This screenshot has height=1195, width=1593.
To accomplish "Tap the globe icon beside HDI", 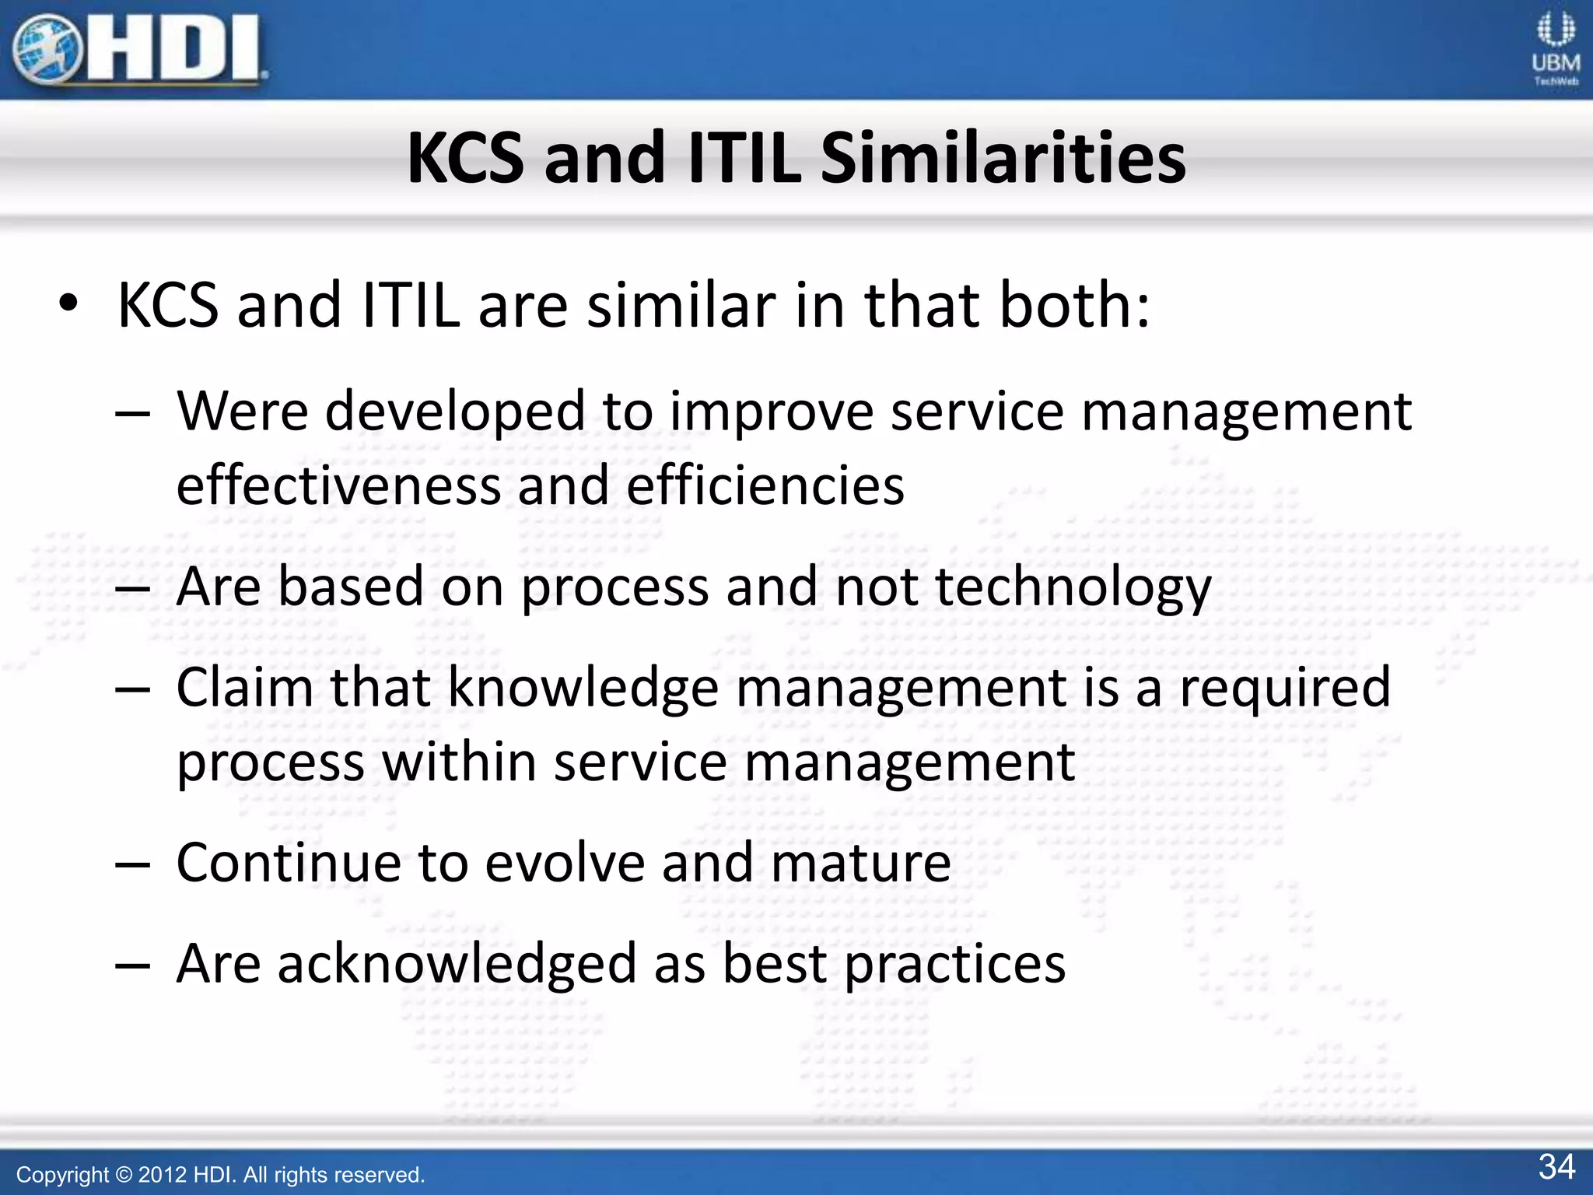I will [47, 50].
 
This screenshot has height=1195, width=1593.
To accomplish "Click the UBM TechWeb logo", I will [1556, 50].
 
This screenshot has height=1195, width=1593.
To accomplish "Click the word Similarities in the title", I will [1003, 159].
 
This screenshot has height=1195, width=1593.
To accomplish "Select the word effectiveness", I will [338, 485].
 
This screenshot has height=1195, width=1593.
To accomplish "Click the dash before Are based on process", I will [132, 590].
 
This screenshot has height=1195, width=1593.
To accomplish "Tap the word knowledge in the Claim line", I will [583, 688].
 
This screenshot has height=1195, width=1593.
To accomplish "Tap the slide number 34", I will [1556, 1167].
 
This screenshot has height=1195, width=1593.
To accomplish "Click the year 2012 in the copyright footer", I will [163, 1175].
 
